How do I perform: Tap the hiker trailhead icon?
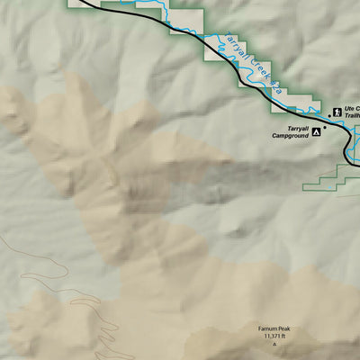pyautogui.click(x=336, y=112)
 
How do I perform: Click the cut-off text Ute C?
pyautogui.click(x=351, y=109)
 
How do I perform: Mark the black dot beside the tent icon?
pyautogui.click(x=326, y=127)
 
